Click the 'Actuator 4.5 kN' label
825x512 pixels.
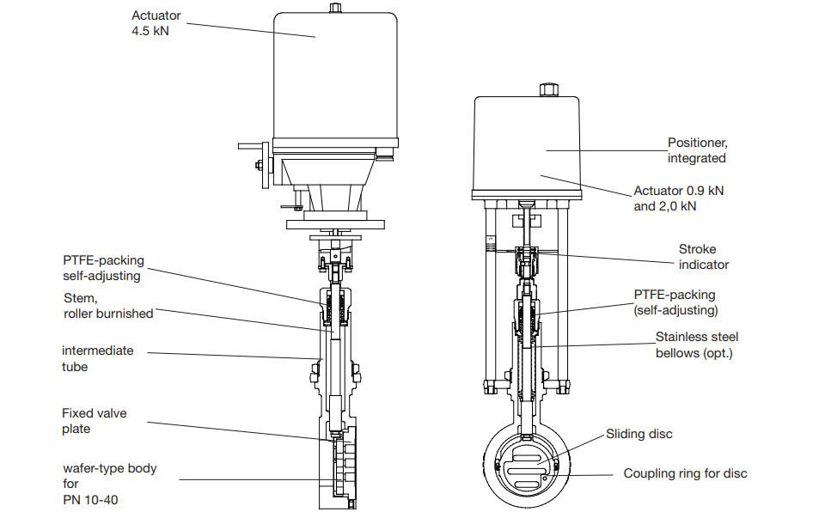click(x=157, y=23)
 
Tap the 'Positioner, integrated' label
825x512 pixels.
click(x=697, y=150)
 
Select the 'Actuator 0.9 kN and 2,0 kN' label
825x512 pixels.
click(x=678, y=198)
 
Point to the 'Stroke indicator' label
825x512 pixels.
click(x=703, y=257)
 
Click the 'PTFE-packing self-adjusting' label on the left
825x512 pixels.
click(x=103, y=268)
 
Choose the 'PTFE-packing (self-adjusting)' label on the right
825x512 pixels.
click(x=675, y=302)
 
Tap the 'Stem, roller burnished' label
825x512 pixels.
click(x=108, y=306)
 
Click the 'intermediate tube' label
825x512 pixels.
click(x=98, y=358)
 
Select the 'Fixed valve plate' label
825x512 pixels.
click(x=94, y=421)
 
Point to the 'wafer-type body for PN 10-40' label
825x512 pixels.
click(x=108, y=484)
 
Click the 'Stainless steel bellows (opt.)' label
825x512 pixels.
click(x=696, y=345)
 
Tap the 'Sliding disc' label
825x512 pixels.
click(x=639, y=434)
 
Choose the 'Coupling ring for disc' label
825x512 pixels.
click(x=685, y=473)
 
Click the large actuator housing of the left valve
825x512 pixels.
click(x=336, y=77)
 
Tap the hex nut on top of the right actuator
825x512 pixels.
click(x=547, y=89)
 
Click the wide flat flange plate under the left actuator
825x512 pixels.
click(x=336, y=223)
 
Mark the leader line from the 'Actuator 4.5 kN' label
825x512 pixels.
click(x=249, y=29)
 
